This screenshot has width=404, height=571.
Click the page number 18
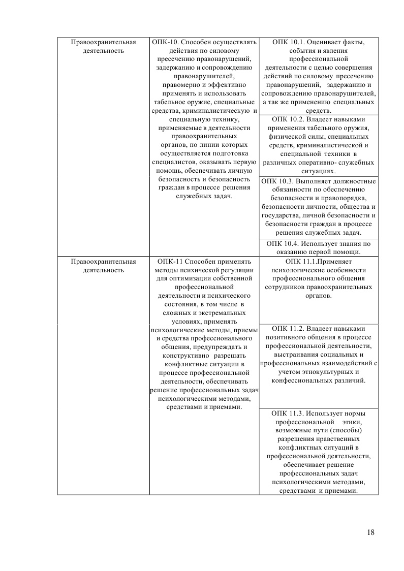[370, 532]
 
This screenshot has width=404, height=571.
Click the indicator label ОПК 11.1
[289, 262]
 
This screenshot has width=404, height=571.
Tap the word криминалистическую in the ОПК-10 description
[221, 111]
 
